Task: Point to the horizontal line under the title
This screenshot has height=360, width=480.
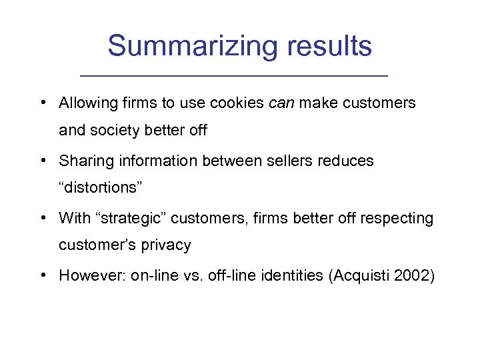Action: point(239,75)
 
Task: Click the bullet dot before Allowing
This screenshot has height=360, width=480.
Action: point(43,103)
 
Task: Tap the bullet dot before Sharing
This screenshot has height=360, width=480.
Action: point(43,161)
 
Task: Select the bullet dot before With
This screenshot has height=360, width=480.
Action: point(43,218)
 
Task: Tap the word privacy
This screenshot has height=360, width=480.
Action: point(167,245)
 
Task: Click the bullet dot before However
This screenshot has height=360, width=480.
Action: point(43,275)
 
